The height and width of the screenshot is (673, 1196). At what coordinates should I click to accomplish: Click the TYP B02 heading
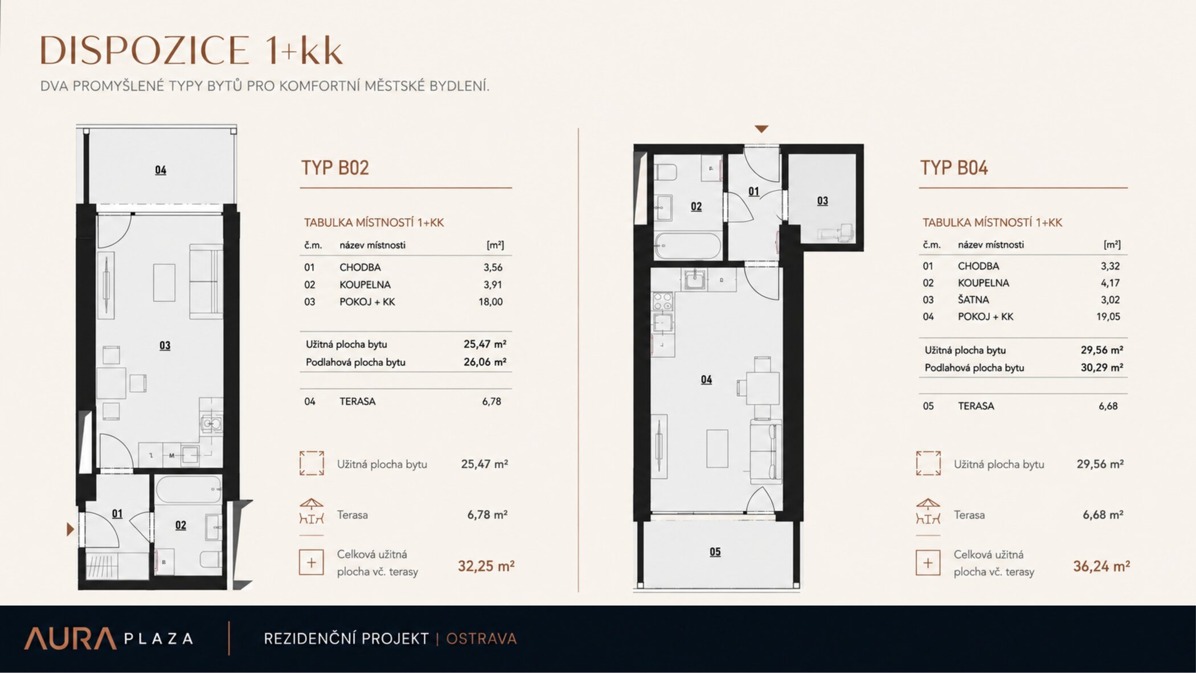tap(335, 168)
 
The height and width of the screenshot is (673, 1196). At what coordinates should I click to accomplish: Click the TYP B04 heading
tap(954, 168)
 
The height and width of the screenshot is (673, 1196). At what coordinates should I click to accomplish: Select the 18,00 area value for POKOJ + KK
tap(490, 302)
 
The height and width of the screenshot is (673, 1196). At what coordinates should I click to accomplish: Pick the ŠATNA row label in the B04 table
tap(973, 300)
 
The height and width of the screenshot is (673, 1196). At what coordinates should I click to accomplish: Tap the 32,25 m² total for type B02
tap(486, 566)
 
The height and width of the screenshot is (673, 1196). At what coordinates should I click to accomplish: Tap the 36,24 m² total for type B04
tap(1101, 566)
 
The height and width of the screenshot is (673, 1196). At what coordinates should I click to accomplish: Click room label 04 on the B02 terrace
tap(161, 170)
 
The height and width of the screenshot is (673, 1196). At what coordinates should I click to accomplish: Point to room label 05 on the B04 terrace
tap(715, 552)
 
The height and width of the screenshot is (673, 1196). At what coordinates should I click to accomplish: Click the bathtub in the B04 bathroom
tap(687, 246)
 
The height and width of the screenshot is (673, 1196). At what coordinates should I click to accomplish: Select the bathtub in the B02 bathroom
tap(189, 490)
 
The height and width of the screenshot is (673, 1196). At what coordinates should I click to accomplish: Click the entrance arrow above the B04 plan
tap(761, 129)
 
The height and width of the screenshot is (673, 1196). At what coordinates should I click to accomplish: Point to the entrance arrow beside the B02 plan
tap(70, 529)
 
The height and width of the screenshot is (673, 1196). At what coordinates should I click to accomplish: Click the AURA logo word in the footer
tap(70, 638)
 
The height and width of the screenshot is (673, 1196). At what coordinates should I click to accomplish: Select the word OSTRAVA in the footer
tap(481, 639)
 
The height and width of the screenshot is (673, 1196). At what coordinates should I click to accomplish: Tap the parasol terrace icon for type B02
tap(312, 511)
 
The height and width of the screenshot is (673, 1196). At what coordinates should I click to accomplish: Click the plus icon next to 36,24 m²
tap(928, 563)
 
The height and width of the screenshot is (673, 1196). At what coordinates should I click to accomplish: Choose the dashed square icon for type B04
tap(928, 463)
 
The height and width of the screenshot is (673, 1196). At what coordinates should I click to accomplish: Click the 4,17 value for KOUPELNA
tap(1110, 283)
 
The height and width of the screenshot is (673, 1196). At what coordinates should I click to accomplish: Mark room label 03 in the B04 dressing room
tap(822, 201)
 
